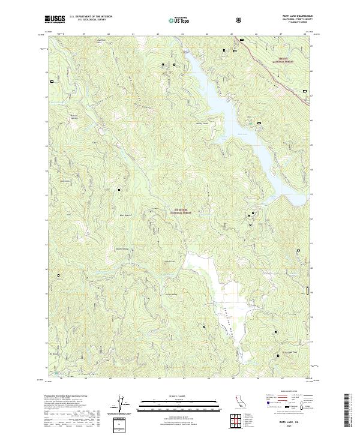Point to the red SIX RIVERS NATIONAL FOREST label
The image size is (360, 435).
point(179,211)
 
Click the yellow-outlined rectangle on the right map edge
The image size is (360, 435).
point(308,291)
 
